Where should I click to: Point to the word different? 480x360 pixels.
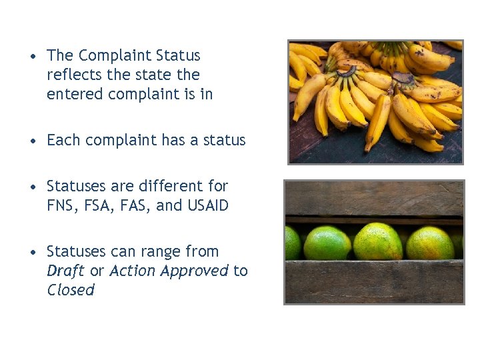(174, 186)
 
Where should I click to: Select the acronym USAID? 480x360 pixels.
(208, 205)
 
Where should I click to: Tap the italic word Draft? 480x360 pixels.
(65, 271)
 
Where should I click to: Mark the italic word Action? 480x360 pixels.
(131, 271)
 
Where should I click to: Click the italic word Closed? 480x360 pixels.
(71, 290)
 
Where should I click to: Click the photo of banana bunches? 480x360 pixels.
(375, 101)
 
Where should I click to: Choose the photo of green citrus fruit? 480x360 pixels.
(374, 242)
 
